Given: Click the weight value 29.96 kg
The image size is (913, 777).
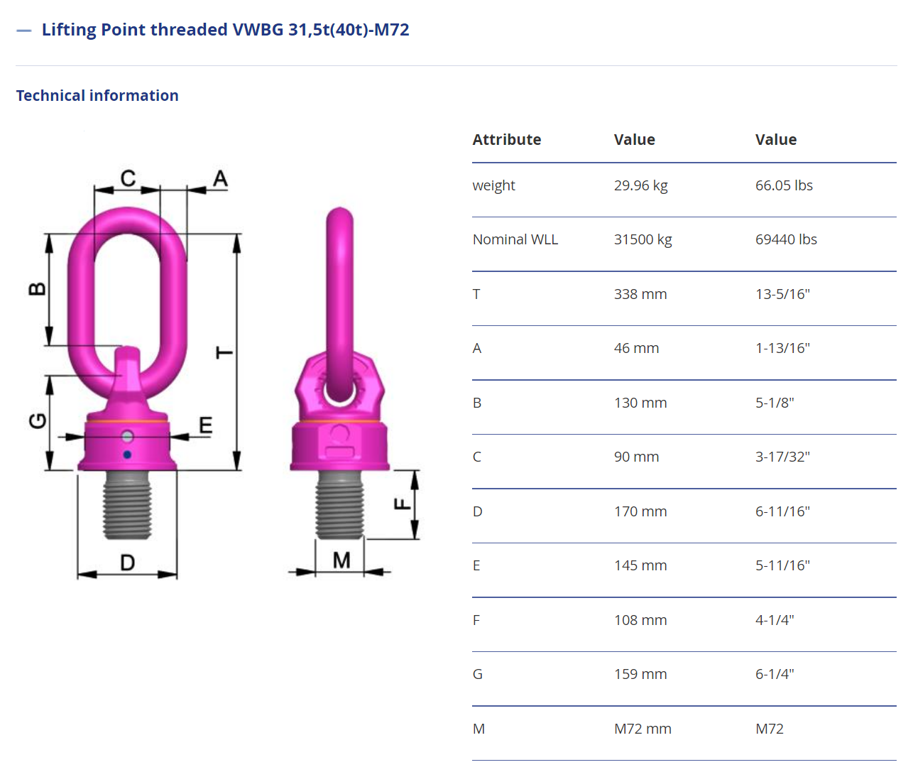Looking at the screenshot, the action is click(640, 185).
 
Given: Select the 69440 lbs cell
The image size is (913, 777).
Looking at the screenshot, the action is click(786, 239).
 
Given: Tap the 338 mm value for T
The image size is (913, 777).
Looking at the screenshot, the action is click(640, 294).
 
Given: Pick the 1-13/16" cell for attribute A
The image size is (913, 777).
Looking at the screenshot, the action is click(782, 348).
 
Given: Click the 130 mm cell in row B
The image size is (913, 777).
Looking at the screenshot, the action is click(640, 403).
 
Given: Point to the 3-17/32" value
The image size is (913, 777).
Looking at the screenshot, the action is click(782, 457).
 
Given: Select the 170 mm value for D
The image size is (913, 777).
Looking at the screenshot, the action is click(640, 511).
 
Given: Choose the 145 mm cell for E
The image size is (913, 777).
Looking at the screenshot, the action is click(640, 565).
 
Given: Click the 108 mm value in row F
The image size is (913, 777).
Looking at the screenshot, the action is click(640, 620).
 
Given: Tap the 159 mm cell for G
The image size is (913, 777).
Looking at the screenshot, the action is click(640, 674).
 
